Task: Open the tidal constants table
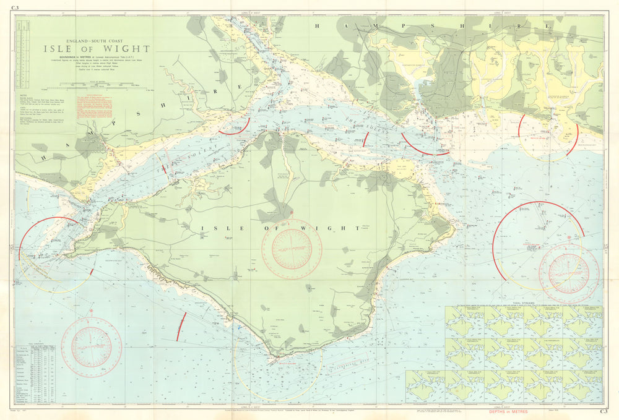point(37,375)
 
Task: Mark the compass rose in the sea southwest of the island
point(92,347)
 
